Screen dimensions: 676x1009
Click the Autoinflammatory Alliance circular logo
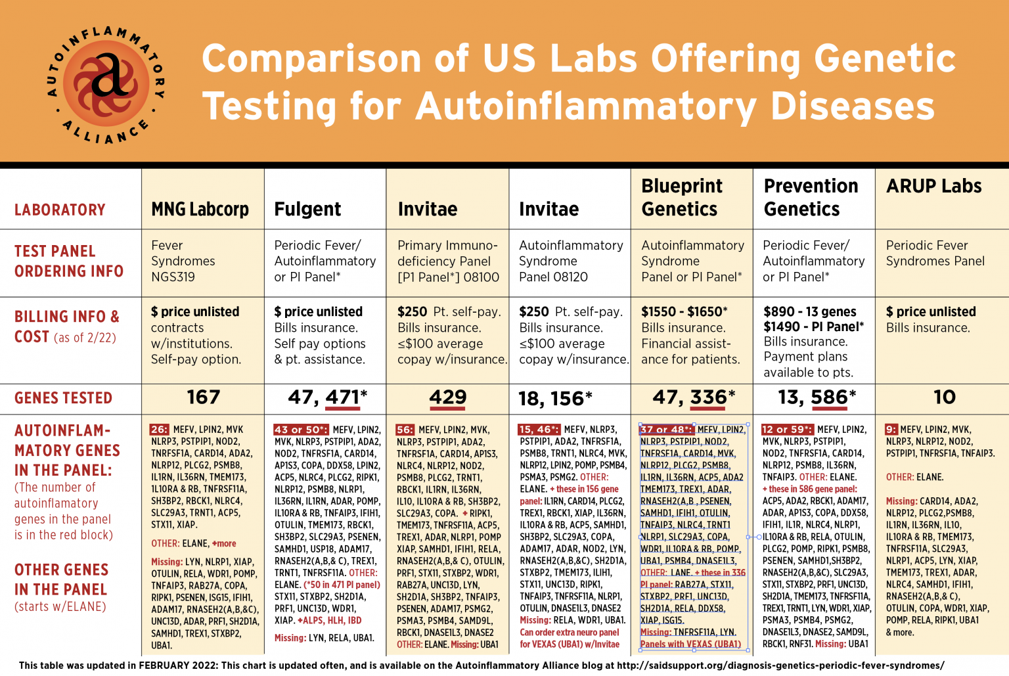[106, 85]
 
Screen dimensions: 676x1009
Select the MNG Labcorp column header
[200, 209]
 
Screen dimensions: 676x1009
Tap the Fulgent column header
[307, 209]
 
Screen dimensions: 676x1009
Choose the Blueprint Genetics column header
[681, 197]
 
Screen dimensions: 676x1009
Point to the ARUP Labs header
[933, 186]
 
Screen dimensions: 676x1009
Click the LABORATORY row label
[60, 210]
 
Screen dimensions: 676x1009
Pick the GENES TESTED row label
[63, 398]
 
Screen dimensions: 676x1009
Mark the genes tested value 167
[203, 397]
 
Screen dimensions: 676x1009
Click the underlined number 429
[447, 397]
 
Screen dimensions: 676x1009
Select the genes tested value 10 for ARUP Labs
[944, 397]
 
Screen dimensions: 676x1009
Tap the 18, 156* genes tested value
[555, 399]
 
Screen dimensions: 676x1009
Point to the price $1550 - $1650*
[684, 311]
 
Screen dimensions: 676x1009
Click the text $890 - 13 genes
[809, 311]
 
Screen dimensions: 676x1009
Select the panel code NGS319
[173, 277]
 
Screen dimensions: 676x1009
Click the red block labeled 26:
[160, 430]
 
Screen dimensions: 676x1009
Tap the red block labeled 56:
[405, 430]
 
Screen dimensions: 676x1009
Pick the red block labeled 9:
[891, 430]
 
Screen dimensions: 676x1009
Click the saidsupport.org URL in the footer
[780, 665]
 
